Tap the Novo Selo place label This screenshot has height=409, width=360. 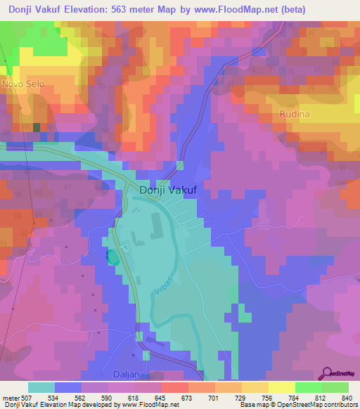tap(23, 84)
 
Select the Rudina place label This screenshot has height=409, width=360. tap(295, 113)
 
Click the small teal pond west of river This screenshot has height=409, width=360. tap(112, 257)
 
